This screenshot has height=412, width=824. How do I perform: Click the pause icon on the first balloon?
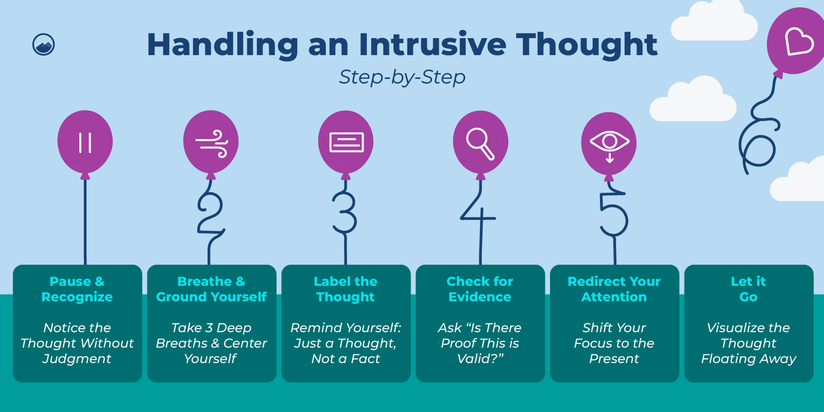pos(85,143)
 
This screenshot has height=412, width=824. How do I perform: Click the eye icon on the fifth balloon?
pos(609,143)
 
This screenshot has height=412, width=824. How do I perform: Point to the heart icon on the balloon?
pos(799,41)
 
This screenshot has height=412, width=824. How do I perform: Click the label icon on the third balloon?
pos(346,143)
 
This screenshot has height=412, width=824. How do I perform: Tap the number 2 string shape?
pos(210,214)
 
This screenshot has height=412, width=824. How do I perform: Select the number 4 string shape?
pos(478,211)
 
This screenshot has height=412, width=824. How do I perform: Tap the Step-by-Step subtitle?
pos(402,77)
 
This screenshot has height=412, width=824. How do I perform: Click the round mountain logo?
pos(44,45)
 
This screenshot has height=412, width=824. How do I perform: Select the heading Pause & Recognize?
pos(77,289)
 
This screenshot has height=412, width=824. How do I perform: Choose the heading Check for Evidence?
pos(480,289)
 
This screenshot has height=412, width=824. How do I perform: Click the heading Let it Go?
pos(748,289)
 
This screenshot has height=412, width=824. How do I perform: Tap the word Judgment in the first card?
pos(77,359)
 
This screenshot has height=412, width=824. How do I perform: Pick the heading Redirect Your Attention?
pos(614,289)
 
